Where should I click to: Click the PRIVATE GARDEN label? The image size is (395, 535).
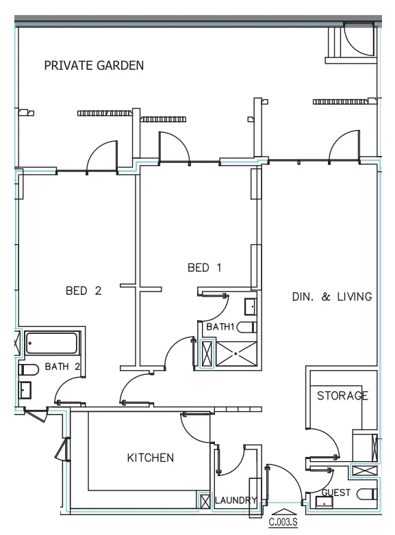pyautogui.click(x=94, y=66)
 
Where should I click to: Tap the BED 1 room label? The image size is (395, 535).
pyautogui.click(x=205, y=268)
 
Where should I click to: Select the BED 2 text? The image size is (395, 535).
pyautogui.click(x=84, y=291)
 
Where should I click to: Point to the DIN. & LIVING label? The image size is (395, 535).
pyautogui.click(x=331, y=297)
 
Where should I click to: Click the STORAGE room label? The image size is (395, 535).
pyautogui.click(x=342, y=395)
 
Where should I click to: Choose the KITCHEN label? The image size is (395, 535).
pyautogui.click(x=151, y=458)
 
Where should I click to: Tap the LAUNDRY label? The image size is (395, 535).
pyautogui.click(x=235, y=500)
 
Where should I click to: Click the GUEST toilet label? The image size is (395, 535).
pyautogui.click(x=336, y=493)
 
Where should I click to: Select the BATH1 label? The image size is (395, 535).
pyautogui.click(x=221, y=327)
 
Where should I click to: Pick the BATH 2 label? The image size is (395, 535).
pyautogui.click(x=62, y=367)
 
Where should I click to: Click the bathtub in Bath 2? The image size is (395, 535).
pyautogui.click(x=53, y=343)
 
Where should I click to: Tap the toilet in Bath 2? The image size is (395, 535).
pyautogui.click(x=28, y=369)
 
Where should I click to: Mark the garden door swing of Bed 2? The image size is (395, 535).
pyautogui.click(x=103, y=157)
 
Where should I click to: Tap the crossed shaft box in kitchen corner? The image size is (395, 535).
pyautogui.click(x=204, y=501)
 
